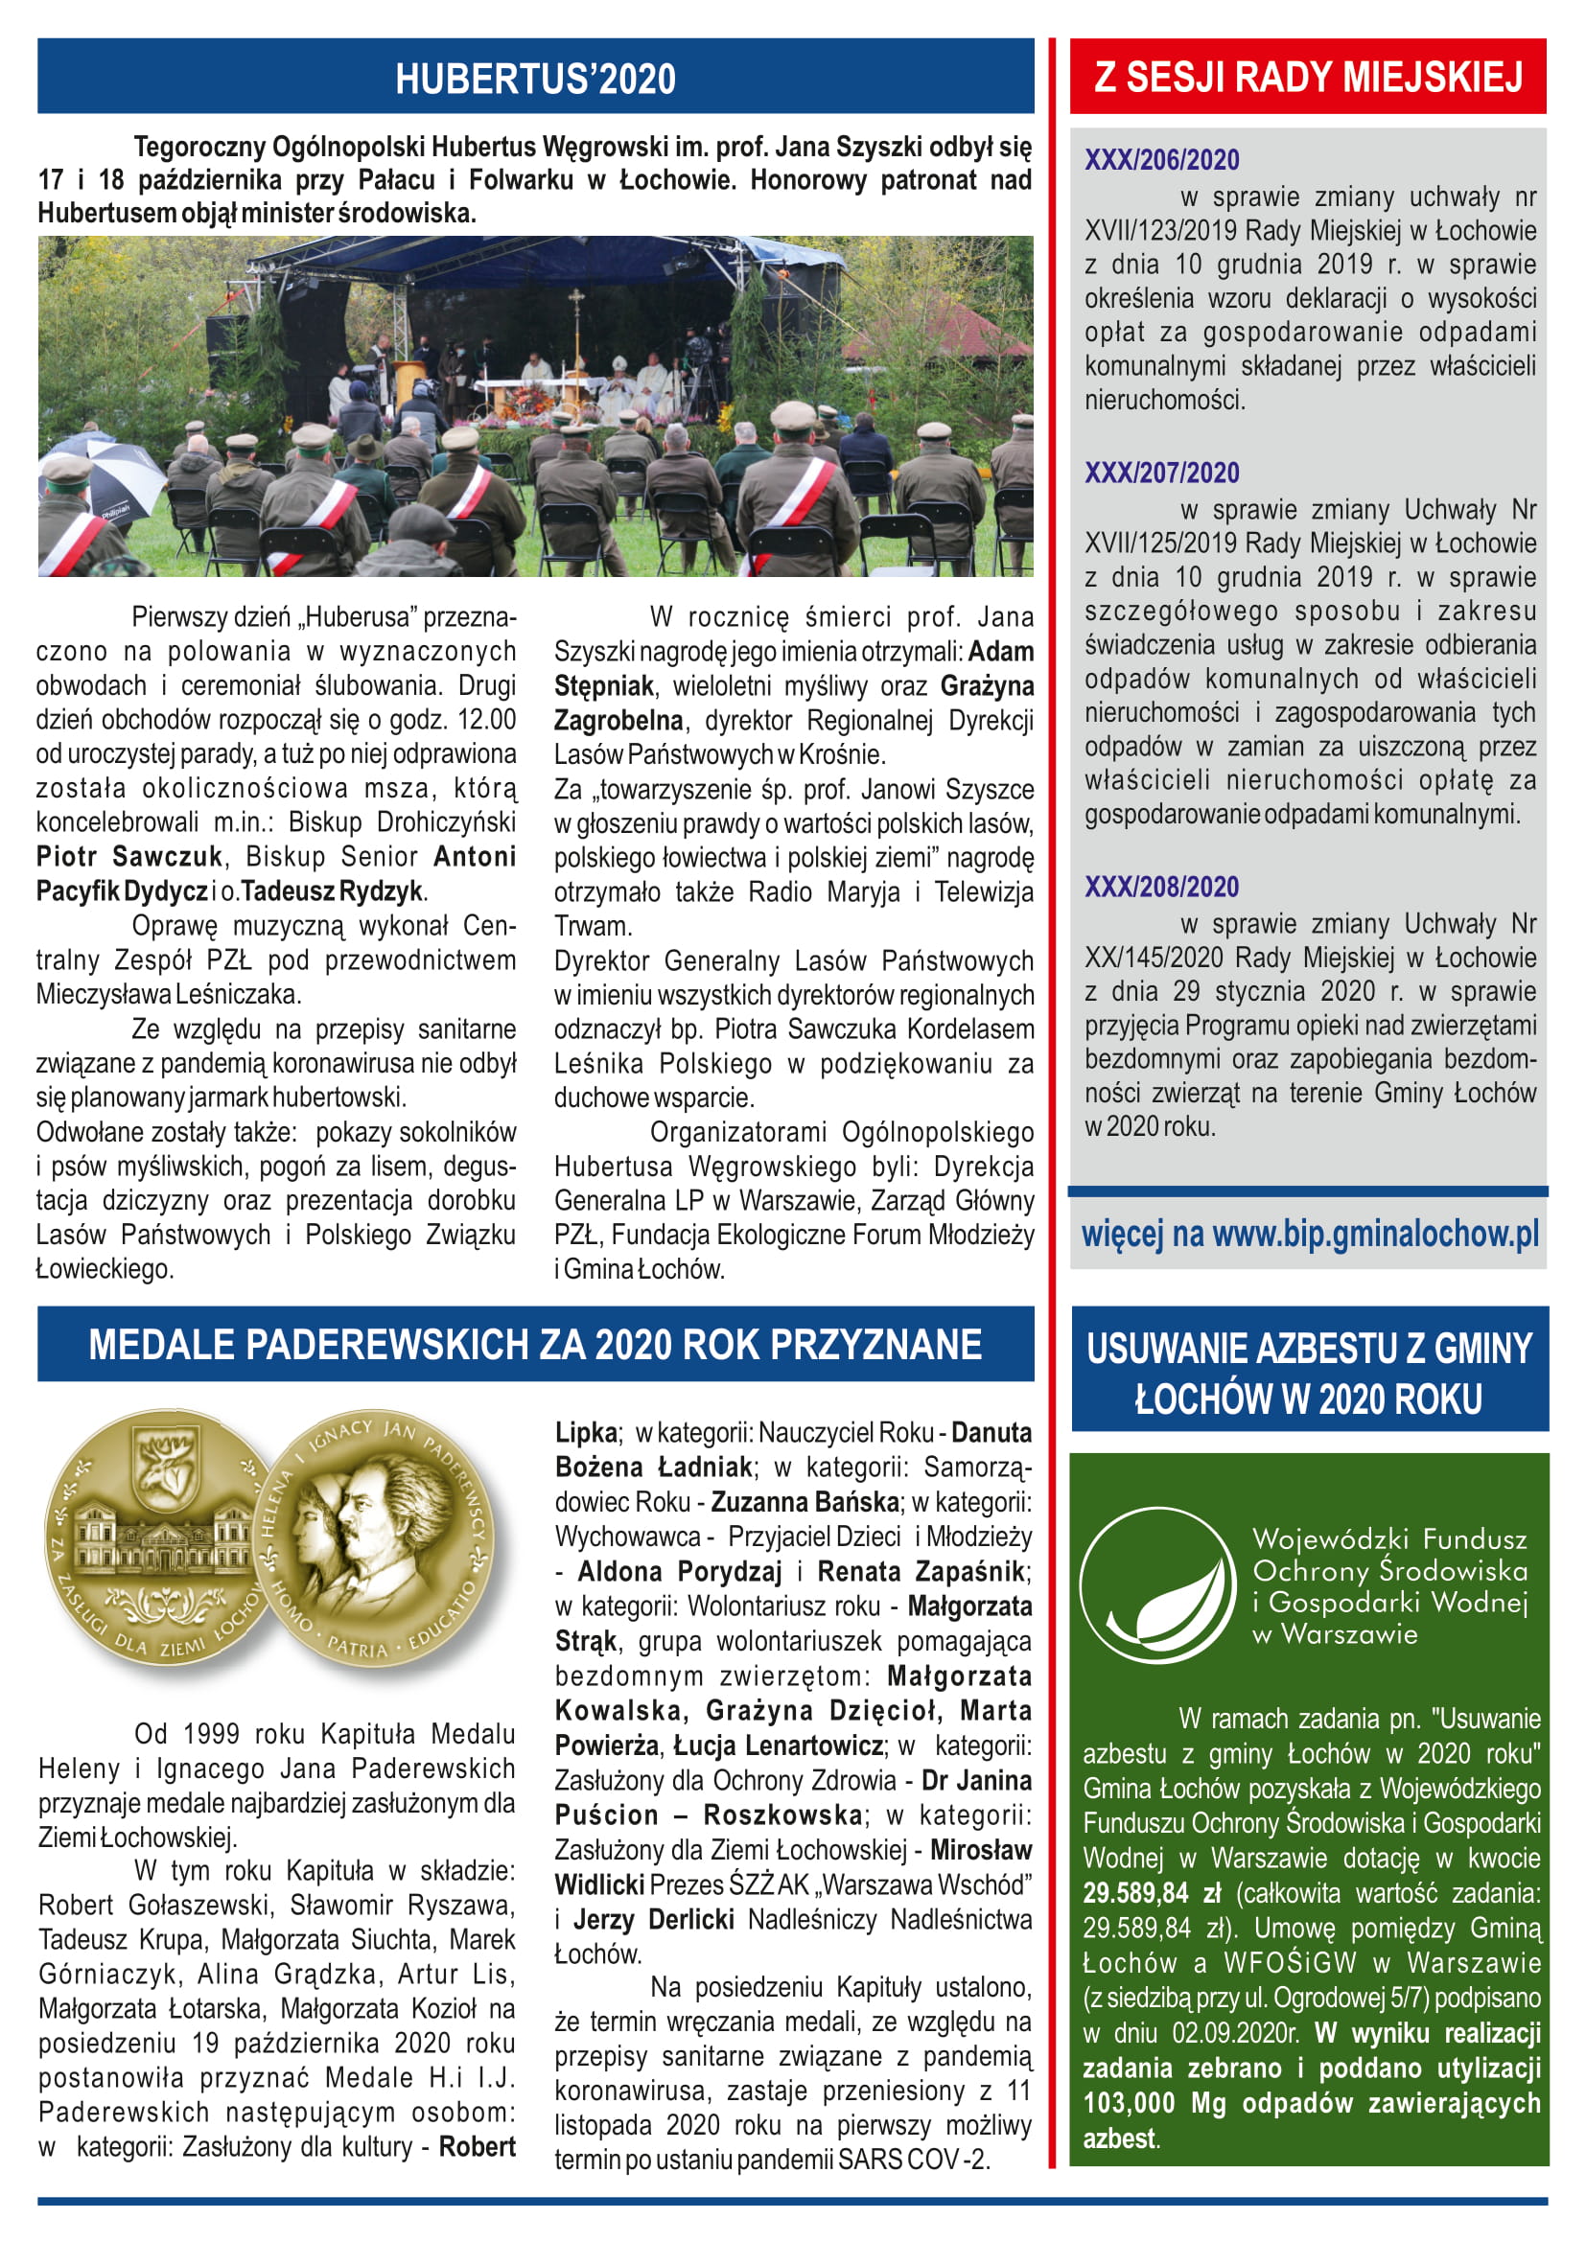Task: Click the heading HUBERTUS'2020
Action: [x=534, y=78]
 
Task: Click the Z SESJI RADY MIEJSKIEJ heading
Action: [x=1308, y=77]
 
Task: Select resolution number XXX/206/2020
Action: [x=1161, y=160]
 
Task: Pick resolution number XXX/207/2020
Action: [x=1161, y=473]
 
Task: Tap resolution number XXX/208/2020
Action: [x=1161, y=887]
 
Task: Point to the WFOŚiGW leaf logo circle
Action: [x=1157, y=1584]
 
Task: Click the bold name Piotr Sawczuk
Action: [x=129, y=856]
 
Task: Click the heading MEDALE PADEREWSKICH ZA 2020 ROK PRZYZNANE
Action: [x=535, y=1344]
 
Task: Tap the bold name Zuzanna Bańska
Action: [x=805, y=1501]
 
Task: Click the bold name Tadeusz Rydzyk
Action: [x=332, y=890]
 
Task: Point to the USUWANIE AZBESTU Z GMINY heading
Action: [x=1309, y=1349]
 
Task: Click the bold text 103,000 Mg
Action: [x=1155, y=2102]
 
